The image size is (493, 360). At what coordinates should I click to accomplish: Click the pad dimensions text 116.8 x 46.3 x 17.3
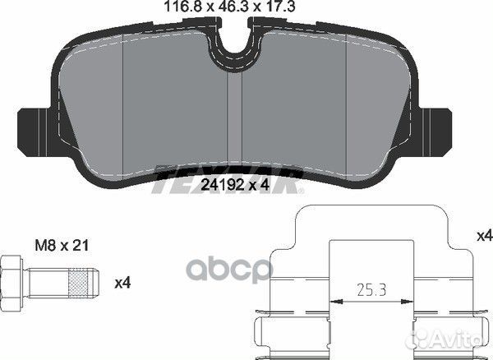click(230, 7)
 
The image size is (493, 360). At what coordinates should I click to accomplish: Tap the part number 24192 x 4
click(235, 185)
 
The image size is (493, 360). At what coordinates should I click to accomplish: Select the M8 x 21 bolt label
click(62, 245)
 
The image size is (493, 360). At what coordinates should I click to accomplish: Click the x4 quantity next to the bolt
click(122, 284)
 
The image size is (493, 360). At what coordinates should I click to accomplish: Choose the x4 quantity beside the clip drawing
click(485, 236)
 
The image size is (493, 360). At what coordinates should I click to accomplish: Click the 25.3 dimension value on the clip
click(371, 290)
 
